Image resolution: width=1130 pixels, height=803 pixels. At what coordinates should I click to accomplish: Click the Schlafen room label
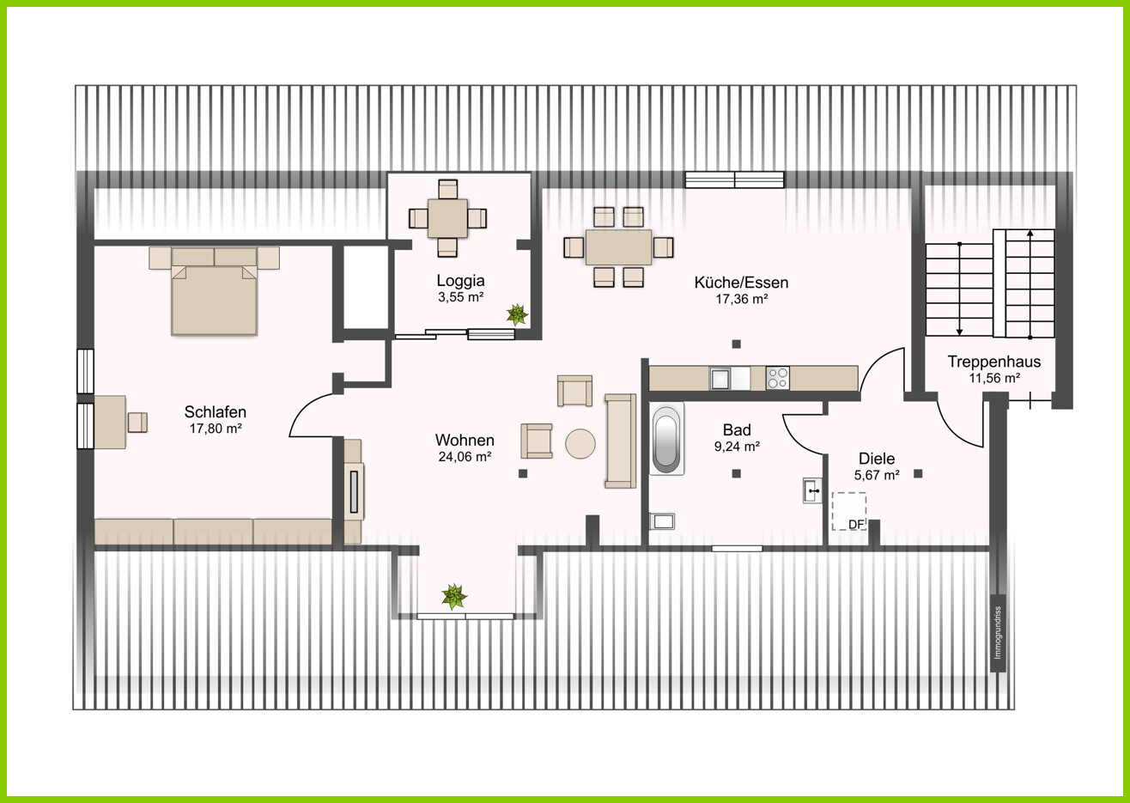point(215,412)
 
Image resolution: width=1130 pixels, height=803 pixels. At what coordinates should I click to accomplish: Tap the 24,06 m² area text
point(465,457)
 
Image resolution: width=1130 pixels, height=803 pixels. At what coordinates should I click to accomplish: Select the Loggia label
point(460,281)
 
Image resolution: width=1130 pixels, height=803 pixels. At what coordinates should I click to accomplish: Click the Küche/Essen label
point(741,283)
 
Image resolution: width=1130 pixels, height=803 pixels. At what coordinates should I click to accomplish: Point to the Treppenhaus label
point(993,362)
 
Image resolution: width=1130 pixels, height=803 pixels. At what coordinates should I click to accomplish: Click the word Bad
point(737,430)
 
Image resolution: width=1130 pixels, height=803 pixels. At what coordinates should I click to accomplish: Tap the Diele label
point(877,459)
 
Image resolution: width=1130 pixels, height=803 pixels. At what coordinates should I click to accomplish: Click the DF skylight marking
point(849,511)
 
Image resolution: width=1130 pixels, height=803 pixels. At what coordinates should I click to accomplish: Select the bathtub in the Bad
point(666,438)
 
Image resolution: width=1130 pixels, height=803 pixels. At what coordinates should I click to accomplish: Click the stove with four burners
point(777,378)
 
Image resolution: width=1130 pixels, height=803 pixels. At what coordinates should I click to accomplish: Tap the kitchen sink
point(720,378)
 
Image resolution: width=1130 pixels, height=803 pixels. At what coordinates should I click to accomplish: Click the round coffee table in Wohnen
point(580,444)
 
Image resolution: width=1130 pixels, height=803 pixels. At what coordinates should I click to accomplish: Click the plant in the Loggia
point(517,314)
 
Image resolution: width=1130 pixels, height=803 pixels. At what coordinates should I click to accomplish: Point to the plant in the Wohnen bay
point(454,597)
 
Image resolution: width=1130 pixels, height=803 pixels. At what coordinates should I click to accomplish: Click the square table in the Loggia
point(447,218)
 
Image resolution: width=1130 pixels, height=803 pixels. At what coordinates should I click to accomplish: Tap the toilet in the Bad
point(662,521)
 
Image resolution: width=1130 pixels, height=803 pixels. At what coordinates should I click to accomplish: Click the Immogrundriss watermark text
point(997,632)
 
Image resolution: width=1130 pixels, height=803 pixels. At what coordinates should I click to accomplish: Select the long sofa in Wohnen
point(621,441)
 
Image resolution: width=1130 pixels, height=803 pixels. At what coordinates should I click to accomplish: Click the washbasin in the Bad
point(812,490)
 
